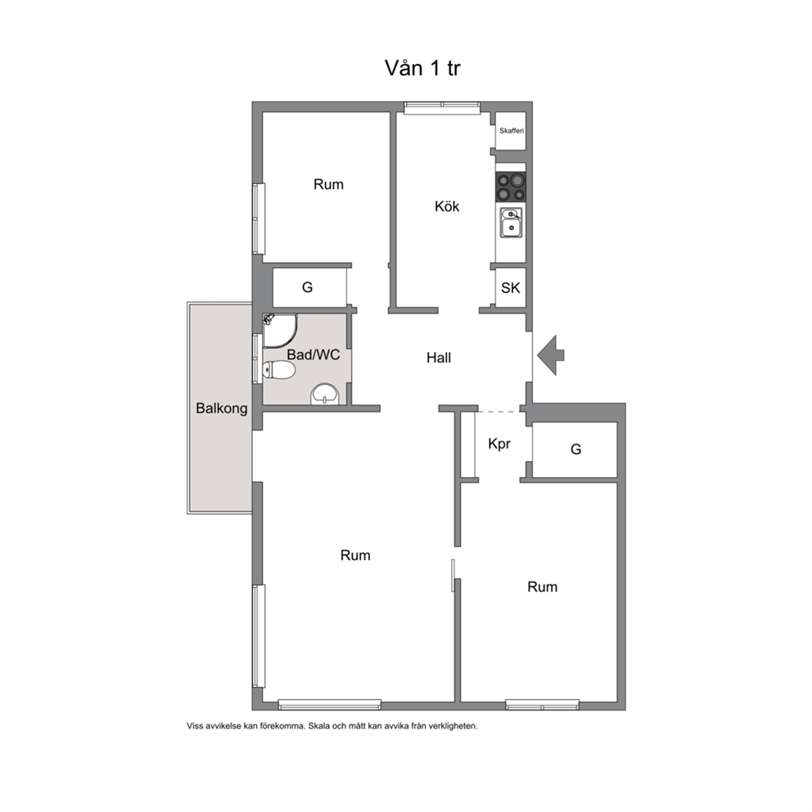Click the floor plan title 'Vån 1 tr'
coord(422,68)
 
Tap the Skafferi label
coord(512,131)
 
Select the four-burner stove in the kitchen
coord(511,187)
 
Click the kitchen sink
coord(511,223)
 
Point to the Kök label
coord(447,206)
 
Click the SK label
coord(511,288)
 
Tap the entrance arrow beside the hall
coord(551,355)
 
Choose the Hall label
coord(439,358)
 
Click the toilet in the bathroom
coord(279,370)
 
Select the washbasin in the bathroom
coord(325,395)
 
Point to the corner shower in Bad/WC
coord(280,330)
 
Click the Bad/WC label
coord(314,354)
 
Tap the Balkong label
coord(222,408)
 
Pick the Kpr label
coord(499,444)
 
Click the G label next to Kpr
coord(576,449)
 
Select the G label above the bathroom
coord(308,287)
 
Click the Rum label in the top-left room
coord(328,184)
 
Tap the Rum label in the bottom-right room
coord(542,587)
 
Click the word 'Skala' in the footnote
coord(319,726)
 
